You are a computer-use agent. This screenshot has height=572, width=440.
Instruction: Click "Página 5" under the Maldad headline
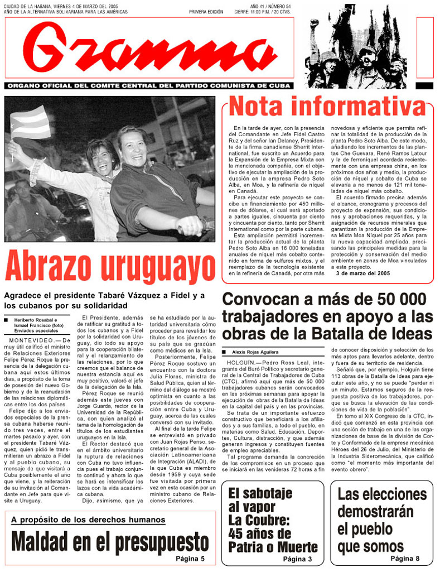point(190,559)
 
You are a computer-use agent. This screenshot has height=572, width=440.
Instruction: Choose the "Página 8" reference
point(405,558)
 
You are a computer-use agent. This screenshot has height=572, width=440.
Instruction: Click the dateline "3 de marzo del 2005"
point(362,274)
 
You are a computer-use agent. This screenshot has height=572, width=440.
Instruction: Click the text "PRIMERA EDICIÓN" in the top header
point(206,11)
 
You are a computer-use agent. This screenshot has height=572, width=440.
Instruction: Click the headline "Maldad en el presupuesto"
point(110,541)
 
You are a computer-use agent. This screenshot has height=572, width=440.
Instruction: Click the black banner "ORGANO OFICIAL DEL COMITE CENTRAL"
point(148,86)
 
